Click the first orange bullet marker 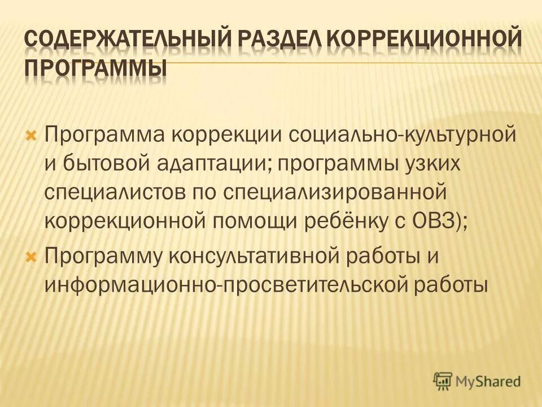[x=32, y=136]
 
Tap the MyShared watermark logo [x=478, y=381]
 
